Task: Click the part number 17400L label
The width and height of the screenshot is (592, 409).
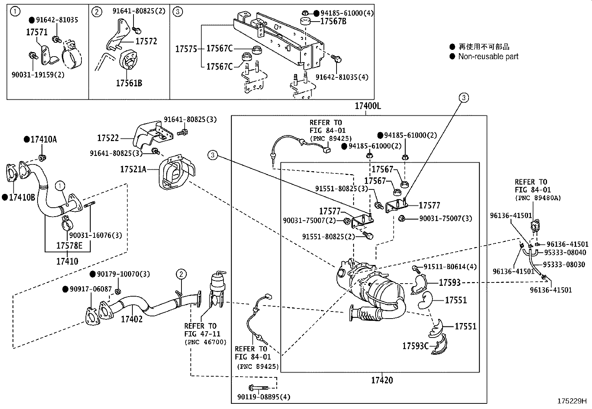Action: pos(367,106)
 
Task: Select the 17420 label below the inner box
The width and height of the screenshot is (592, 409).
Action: pos(382,380)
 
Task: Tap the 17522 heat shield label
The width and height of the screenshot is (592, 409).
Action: pos(108,138)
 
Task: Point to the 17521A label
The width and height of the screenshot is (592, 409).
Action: pos(133,169)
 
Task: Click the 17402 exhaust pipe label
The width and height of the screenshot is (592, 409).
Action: pos(131,319)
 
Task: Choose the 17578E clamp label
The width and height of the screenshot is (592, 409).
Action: pos(69,246)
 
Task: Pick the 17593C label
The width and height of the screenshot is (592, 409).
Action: pos(415,346)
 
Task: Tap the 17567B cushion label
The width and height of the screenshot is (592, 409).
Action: pos(333,21)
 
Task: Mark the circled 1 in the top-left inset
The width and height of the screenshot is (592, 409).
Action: pos(15,12)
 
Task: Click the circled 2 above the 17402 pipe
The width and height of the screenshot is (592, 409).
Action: pos(181,275)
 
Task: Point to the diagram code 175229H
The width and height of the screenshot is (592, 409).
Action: pos(572,401)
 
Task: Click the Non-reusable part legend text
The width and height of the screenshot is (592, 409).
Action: pos(488,57)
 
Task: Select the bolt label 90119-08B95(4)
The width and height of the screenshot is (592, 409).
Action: pos(264,397)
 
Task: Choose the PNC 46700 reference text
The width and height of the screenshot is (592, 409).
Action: pos(205,342)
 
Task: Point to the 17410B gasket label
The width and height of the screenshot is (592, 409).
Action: pos(22,198)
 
